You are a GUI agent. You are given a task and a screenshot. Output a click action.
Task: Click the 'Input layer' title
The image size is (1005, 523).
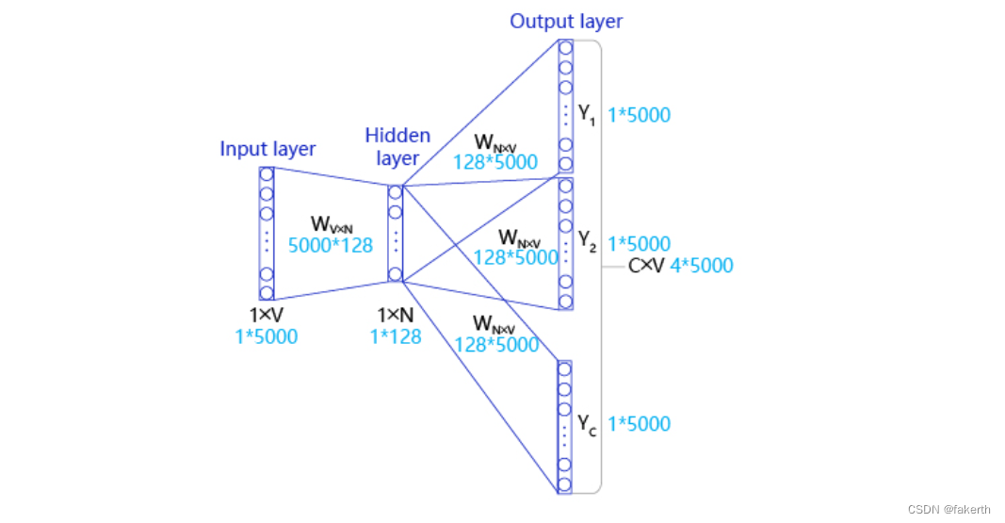pos(267,149)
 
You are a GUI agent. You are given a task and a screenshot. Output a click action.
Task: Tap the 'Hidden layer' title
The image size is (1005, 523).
pos(397,146)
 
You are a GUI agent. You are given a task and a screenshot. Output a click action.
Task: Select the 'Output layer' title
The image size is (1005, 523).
pos(566,21)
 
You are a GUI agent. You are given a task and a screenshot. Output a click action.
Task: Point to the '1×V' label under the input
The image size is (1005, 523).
pos(267,316)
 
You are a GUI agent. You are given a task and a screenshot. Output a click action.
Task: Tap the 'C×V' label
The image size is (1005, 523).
pos(646,266)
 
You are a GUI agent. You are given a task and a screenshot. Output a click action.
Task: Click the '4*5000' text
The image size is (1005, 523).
pos(701,266)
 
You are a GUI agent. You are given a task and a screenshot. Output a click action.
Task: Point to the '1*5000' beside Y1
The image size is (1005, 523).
pos(640,115)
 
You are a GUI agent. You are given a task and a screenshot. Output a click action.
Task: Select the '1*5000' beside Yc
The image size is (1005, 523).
pos(640,423)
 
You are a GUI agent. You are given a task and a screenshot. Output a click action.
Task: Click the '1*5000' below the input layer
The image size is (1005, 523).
pos(267,335)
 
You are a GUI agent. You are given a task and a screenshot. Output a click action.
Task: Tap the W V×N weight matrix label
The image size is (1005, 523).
pos(331,224)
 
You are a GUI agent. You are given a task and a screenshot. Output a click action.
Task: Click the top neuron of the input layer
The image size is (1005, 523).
pos(267,175)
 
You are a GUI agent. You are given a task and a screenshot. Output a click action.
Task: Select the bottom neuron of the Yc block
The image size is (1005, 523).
pos(565,485)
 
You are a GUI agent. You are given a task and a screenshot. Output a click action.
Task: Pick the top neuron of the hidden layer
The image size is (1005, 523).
pos(395,192)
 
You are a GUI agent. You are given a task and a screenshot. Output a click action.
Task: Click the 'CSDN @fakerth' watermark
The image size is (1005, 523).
pos(948,509)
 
